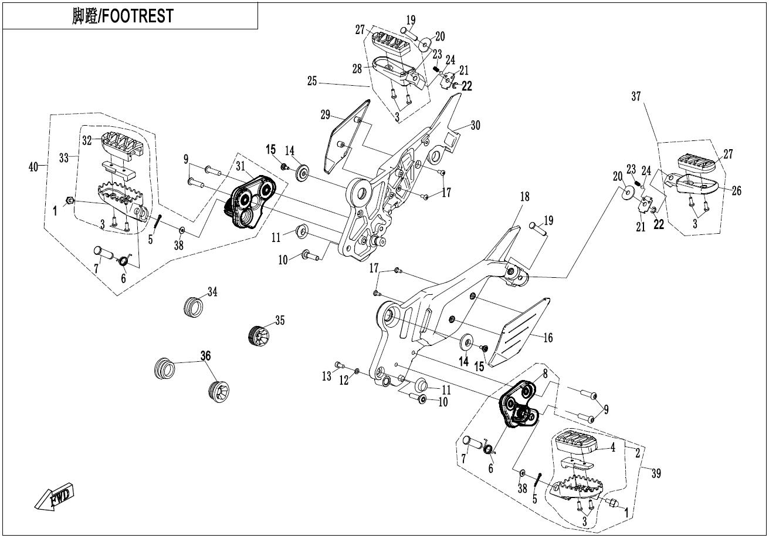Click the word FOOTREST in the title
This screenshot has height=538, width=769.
click(x=138, y=16)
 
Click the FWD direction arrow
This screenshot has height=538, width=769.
click(x=54, y=496)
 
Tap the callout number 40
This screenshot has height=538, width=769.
click(x=33, y=167)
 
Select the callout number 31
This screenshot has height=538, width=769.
click(x=240, y=166)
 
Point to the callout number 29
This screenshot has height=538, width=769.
click(x=326, y=115)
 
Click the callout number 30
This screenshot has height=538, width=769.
click(x=475, y=126)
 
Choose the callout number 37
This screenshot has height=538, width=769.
click(x=636, y=96)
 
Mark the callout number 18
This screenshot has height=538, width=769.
click(x=525, y=197)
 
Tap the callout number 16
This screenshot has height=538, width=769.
click(x=548, y=338)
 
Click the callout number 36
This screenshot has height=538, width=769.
click(x=206, y=356)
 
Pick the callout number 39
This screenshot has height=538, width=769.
click(x=656, y=473)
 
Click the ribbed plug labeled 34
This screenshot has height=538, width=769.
click(x=193, y=307)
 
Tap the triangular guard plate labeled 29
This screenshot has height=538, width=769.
click(x=345, y=137)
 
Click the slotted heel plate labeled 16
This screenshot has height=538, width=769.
click(x=519, y=333)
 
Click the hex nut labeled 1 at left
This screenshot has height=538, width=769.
click(x=69, y=200)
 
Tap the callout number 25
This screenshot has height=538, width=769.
click(x=312, y=82)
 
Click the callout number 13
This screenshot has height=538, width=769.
click(x=327, y=376)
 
